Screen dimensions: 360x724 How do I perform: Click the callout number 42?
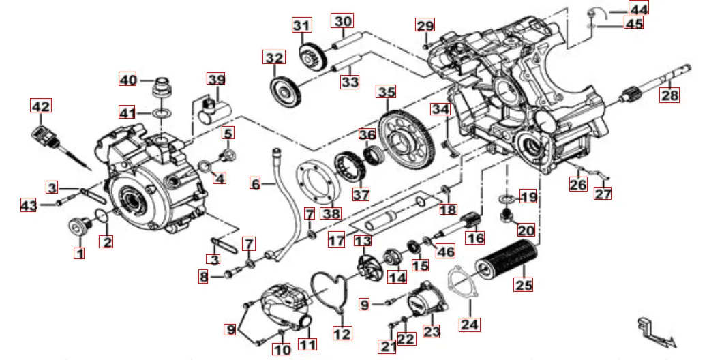point(40,107)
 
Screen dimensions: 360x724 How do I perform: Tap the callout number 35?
point(387,92)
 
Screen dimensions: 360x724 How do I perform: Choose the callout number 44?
point(639,8)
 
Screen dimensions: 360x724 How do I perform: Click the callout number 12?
point(342,333)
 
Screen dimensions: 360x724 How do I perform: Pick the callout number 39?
point(216,80)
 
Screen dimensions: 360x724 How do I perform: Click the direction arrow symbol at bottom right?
point(654,333)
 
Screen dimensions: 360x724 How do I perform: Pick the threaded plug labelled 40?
point(162,88)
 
